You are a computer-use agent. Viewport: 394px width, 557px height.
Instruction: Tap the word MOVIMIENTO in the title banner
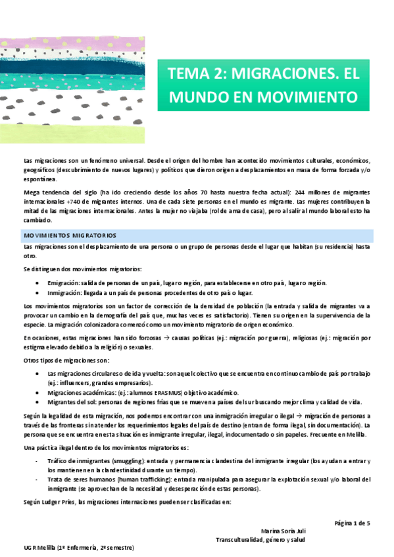coord(302,97)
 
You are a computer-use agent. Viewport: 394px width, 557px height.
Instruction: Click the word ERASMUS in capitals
coord(166,392)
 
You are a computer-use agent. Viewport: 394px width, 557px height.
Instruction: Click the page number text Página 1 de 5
coord(352,523)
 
